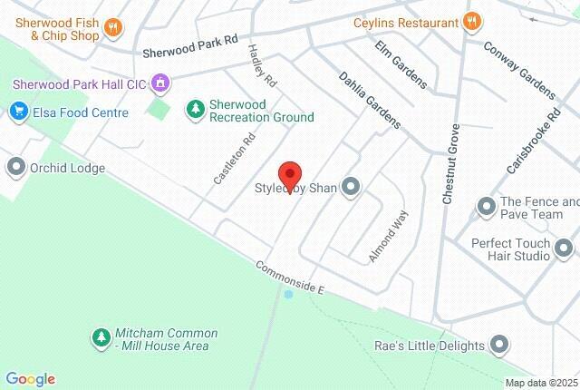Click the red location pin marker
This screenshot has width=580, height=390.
pyautogui.click(x=289, y=173)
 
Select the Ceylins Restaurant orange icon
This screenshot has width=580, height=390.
pyautogui.click(x=470, y=21)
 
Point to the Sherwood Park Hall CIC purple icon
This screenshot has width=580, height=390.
pyautogui.click(x=161, y=83)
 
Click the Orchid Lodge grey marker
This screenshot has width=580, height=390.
pyautogui.click(x=15, y=168)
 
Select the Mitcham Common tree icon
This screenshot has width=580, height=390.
pyautogui.click(x=101, y=338)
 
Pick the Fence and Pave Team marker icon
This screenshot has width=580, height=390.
pyautogui.click(x=487, y=209)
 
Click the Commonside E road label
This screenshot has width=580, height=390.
pyautogui.click(x=289, y=276)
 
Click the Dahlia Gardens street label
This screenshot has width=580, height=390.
pyautogui.click(x=369, y=101)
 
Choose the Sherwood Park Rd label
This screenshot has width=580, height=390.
pyautogui.click(x=189, y=46)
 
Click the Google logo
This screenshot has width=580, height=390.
pyautogui.click(x=30, y=379)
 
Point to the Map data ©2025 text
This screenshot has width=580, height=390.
pyautogui.click(x=541, y=383)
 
